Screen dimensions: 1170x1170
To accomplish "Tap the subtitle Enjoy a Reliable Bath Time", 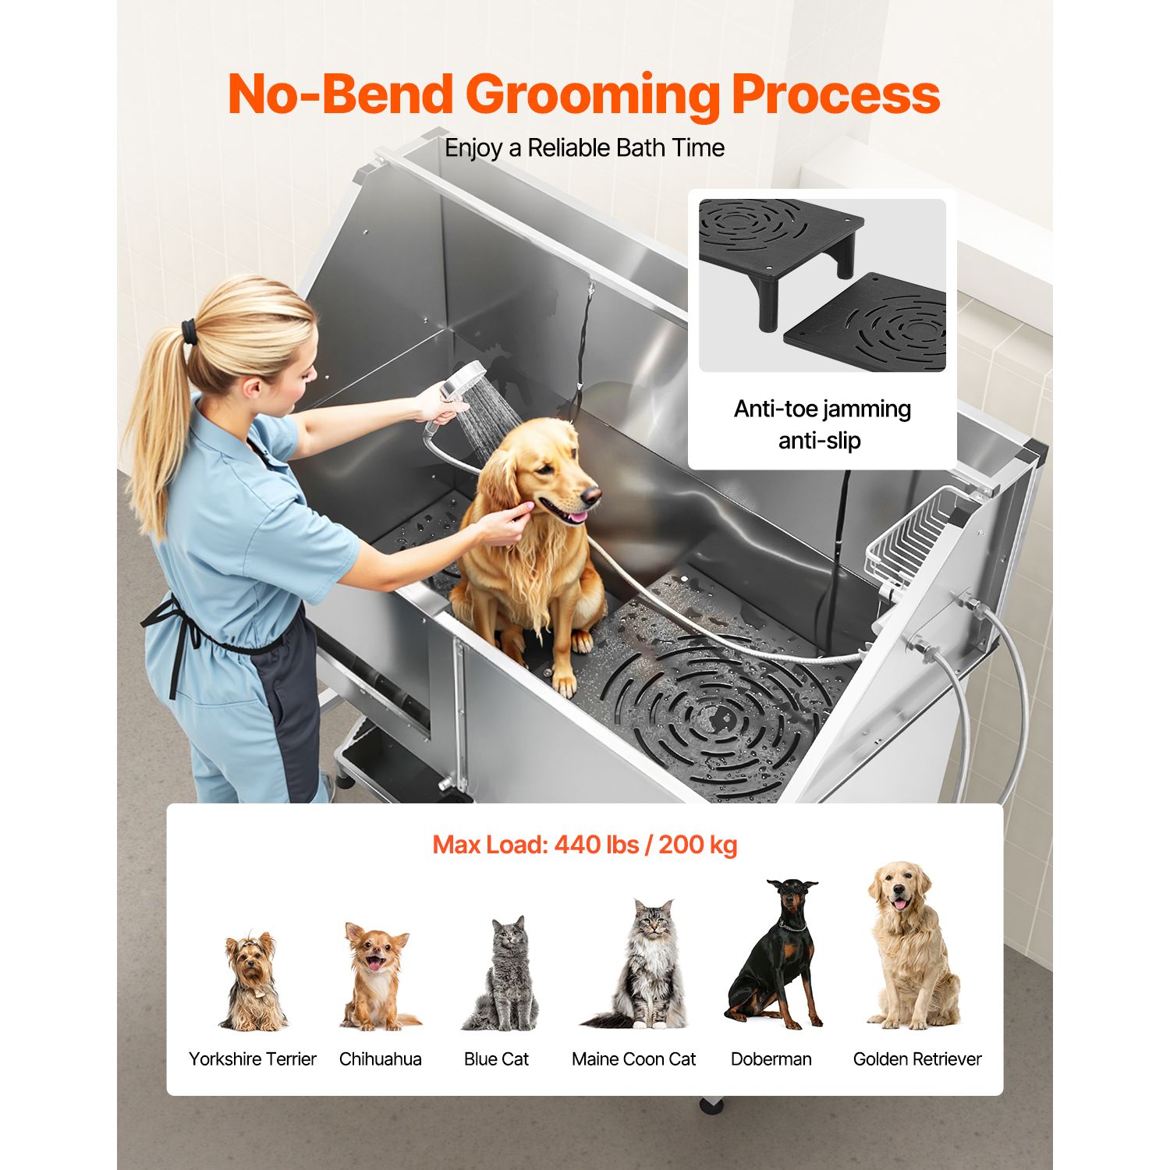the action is tap(585, 147).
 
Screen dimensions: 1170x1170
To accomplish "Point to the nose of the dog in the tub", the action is tap(593, 494).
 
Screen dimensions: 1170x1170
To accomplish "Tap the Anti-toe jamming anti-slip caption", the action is tap(822, 424).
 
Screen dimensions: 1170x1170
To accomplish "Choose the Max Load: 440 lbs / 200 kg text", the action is tap(585, 845).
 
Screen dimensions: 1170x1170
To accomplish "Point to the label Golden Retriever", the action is tap(917, 1059).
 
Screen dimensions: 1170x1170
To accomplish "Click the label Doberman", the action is tap(771, 1059).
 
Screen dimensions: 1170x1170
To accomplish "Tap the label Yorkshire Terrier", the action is tap(253, 1059).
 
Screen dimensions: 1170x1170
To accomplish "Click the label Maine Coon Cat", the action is tap(633, 1059).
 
